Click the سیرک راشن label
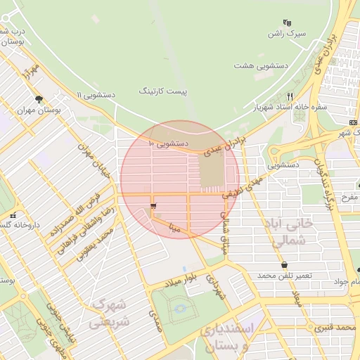click(x=287, y=34)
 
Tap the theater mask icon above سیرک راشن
click(x=286, y=23)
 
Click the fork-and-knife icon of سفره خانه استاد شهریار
click(x=290, y=97)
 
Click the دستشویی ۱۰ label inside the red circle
click(x=167, y=143)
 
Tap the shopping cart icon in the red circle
click(x=153, y=206)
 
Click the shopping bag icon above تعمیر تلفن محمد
click(x=284, y=265)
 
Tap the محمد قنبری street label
click(x=333, y=327)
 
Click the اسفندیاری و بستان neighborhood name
click(x=225, y=338)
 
